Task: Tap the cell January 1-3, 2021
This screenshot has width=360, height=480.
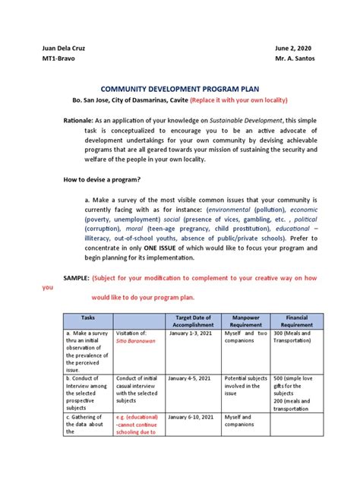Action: tap(191, 333)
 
